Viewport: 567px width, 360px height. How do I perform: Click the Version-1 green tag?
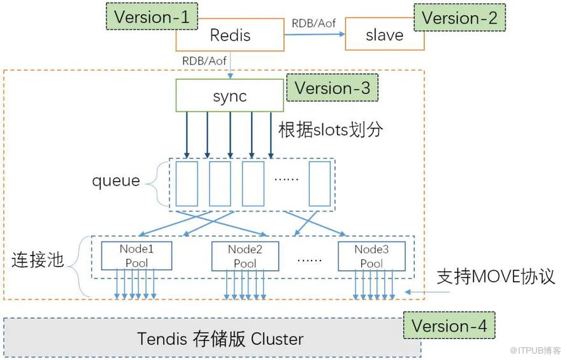(152, 17)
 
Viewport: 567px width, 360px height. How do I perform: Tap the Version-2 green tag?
(459, 18)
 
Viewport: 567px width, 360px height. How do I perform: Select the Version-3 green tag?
(333, 88)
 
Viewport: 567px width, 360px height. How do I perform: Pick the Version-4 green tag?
(449, 326)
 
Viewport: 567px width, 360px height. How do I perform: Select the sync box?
(229, 96)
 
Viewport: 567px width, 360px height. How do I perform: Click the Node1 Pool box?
(136, 256)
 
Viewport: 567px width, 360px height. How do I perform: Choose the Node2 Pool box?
(245, 256)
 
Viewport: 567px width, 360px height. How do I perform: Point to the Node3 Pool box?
(371, 256)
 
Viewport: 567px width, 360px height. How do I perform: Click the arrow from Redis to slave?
(315, 34)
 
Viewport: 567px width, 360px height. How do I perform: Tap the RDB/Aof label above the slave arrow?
(314, 24)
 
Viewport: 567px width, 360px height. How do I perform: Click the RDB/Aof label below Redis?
(205, 61)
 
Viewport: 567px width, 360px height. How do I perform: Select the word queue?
(116, 180)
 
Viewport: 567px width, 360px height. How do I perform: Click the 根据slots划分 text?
(331, 129)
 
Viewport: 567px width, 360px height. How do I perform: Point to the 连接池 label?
(38, 260)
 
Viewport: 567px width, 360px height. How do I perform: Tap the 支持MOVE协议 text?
(496, 277)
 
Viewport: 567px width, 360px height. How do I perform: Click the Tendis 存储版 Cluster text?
(220, 338)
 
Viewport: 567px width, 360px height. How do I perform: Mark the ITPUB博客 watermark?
(535, 350)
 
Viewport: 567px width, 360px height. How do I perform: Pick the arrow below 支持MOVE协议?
(427, 292)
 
